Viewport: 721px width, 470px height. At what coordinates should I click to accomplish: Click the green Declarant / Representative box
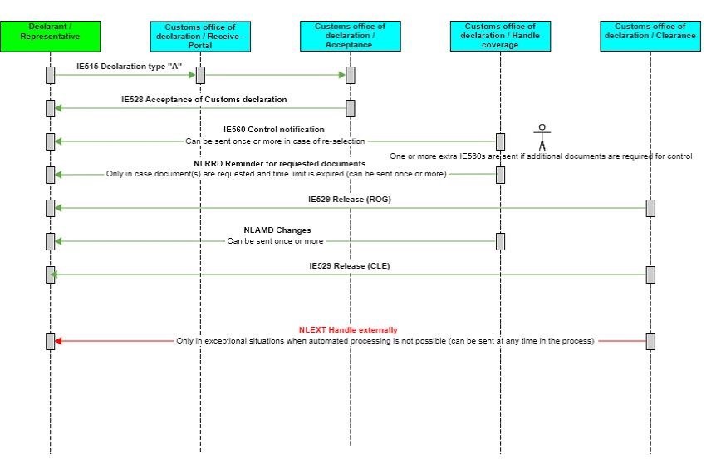pyautogui.click(x=51, y=36)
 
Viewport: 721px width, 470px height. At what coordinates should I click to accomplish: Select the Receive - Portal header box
pyautogui.click(x=200, y=36)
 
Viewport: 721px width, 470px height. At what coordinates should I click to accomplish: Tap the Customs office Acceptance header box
pyautogui.click(x=350, y=36)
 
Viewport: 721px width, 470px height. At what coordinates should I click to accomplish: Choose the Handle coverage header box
pyautogui.click(x=500, y=36)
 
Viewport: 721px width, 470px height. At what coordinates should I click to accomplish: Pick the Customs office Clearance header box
pyautogui.click(x=650, y=36)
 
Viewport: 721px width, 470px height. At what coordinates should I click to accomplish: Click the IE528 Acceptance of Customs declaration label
pyautogui.click(x=204, y=99)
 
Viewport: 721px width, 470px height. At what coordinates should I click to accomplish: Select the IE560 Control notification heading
pyautogui.click(x=274, y=130)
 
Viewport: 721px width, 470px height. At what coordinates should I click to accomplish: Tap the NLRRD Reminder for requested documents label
pyautogui.click(x=274, y=163)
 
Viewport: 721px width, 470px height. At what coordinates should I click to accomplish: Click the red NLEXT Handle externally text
pyautogui.click(x=348, y=330)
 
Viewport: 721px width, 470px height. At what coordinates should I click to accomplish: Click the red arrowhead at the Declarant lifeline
pyautogui.click(x=59, y=341)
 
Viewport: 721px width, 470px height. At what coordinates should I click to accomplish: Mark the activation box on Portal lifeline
pyautogui.click(x=200, y=75)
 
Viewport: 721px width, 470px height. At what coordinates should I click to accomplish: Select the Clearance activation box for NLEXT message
pyautogui.click(x=650, y=341)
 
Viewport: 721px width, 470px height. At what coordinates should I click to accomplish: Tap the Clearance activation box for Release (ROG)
pyautogui.click(x=650, y=208)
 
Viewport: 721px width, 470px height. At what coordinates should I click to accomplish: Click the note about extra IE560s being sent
pyautogui.click(x=541, y=156)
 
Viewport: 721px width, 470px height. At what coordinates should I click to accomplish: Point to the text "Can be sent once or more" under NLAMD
pyautogui.click(x=275, y=241)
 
